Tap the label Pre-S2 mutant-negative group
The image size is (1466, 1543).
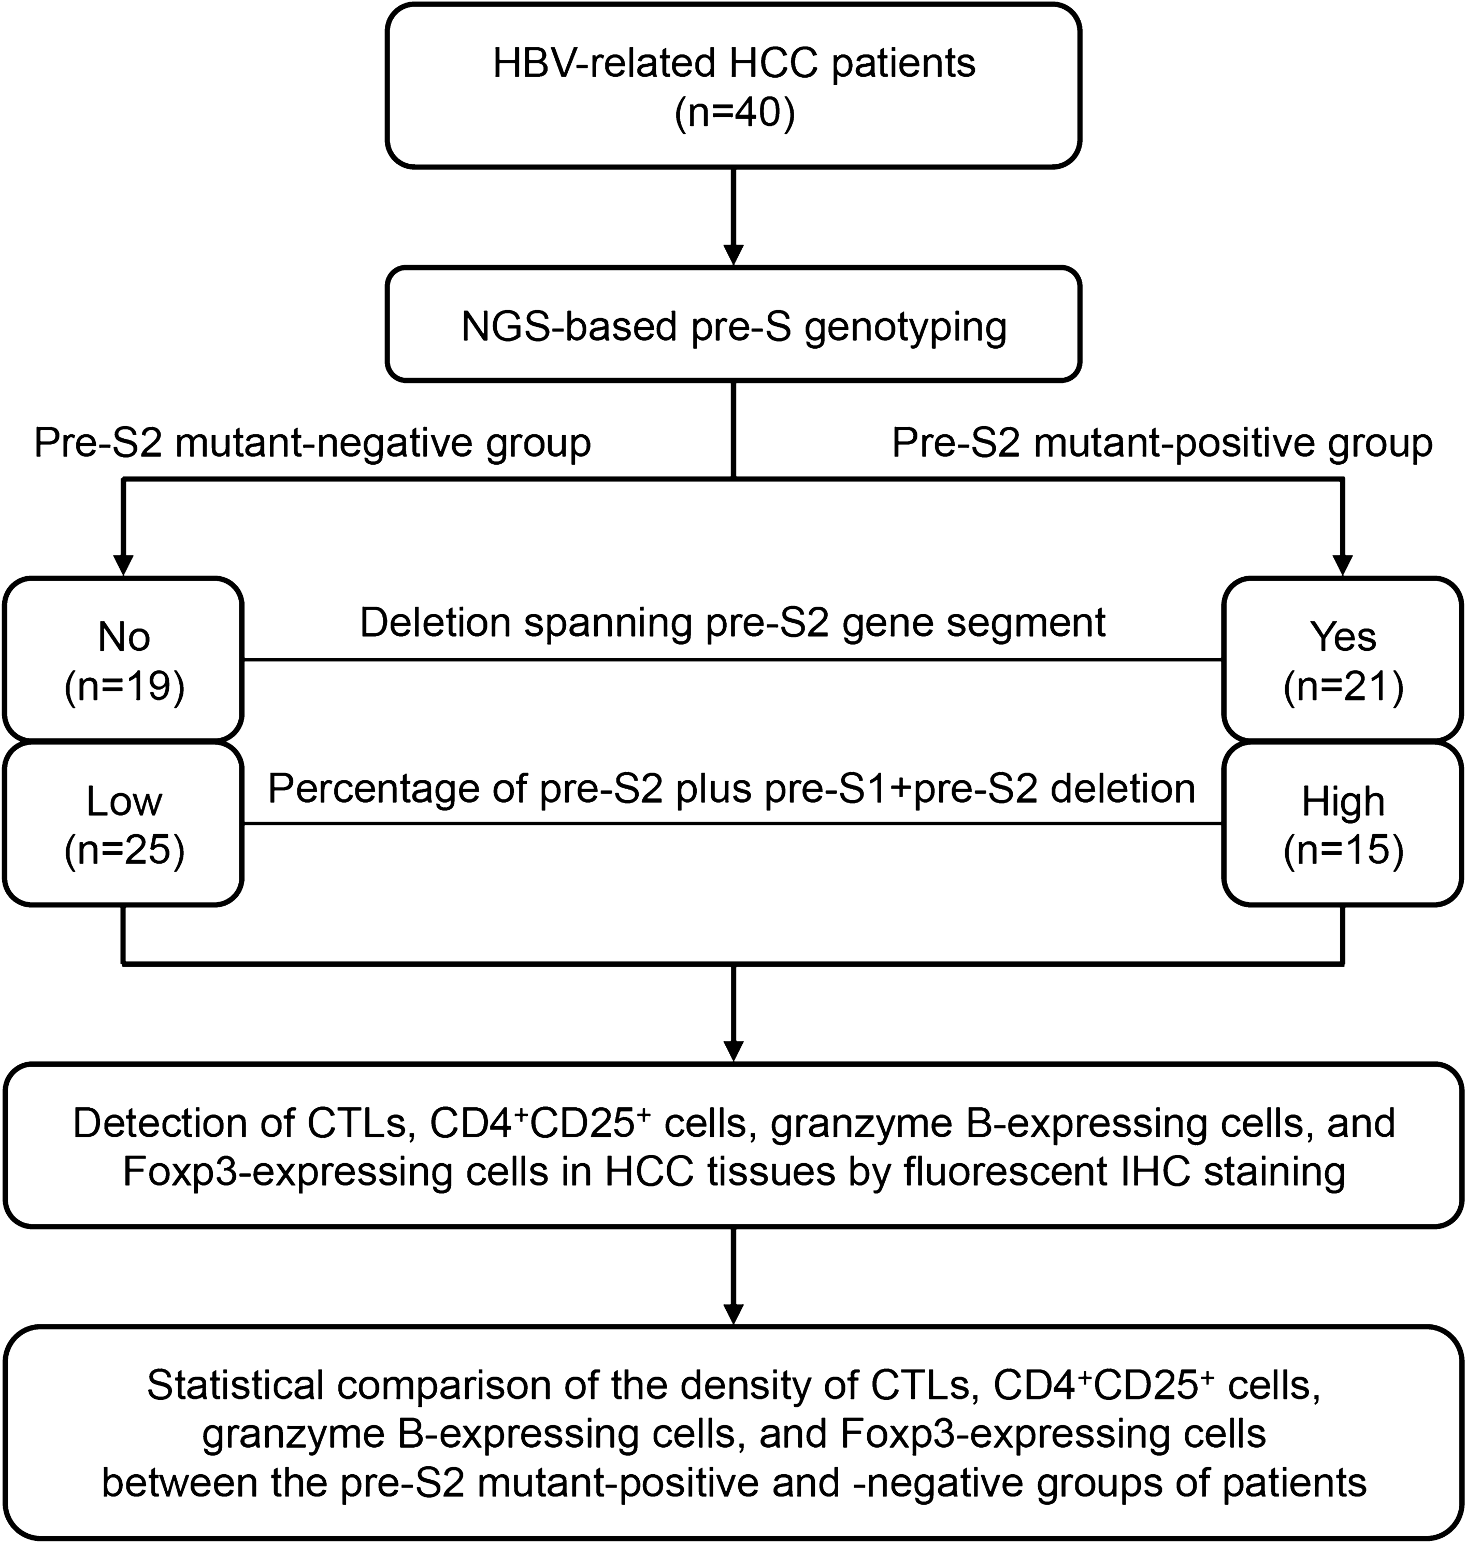pos(312,443)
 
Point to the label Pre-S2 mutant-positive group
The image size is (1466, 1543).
pos(1162,443)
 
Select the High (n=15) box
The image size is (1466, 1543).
pos(1343,825)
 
